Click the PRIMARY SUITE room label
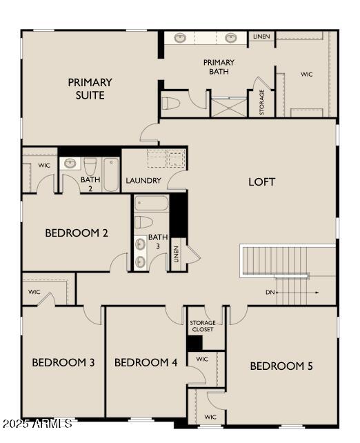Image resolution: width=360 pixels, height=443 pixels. click(90, 88)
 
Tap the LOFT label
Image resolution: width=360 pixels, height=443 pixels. click(262, 182)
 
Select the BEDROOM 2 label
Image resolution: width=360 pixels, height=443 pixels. click(77, 233)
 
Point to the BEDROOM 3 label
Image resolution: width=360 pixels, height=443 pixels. click(63, 363)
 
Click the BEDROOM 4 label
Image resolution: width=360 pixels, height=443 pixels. click(146, 363)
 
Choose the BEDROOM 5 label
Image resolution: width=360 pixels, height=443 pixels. click(281, 366)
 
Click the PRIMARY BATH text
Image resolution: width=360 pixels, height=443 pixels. click(219, 67)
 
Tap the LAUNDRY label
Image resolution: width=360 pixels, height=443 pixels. click(143, 181)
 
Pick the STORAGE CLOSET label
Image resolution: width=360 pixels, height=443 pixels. click(202, 326)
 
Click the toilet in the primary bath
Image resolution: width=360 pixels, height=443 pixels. click(170, 104)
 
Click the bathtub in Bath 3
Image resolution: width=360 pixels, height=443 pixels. click(152, 204)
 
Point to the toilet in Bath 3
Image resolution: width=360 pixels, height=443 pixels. click(143, 221)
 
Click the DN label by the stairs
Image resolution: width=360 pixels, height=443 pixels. click(270, 293)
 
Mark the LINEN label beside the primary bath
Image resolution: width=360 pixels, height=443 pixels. click(261, 37)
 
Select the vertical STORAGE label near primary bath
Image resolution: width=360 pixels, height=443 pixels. click(262, 102)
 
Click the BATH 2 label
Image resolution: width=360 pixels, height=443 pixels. click(90, 183)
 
